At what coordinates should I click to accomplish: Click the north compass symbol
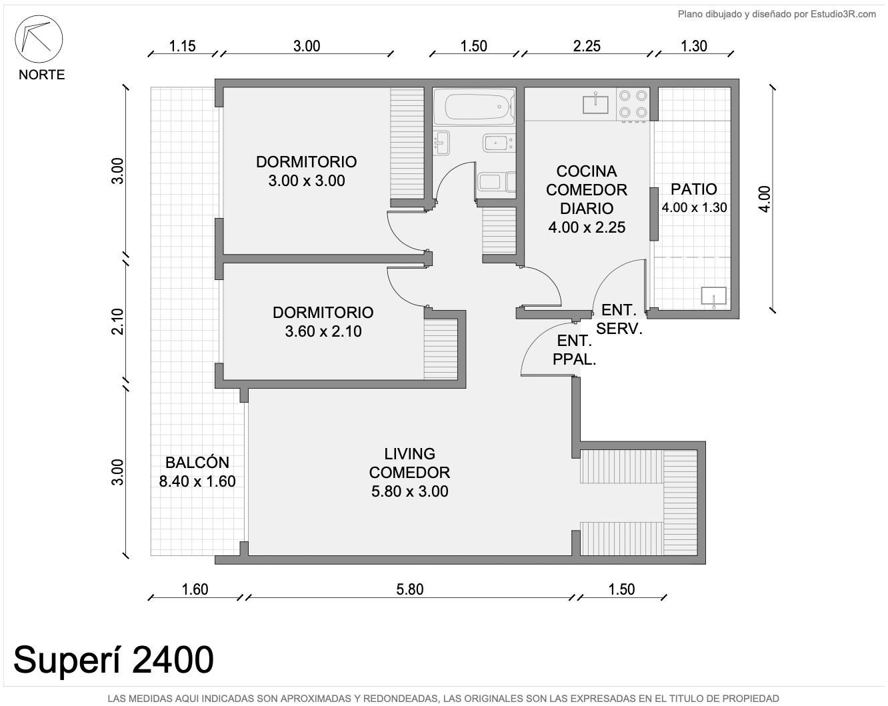(x=39, y=39)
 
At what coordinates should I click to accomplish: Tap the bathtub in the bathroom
(x=479, y=107)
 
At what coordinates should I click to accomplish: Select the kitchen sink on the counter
(x=595, y=103)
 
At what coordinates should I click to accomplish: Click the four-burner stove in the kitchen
(x=633, y=105)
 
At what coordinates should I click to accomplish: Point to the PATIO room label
(x=693, y=189)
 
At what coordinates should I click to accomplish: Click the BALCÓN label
(x=197, y=463)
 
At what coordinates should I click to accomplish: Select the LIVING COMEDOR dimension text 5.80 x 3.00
(x=409, y=491)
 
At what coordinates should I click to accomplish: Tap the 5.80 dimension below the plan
(x=410, y=589)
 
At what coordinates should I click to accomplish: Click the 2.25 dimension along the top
(x=587, y=46)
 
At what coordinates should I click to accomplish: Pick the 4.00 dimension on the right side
(x=765, y=199)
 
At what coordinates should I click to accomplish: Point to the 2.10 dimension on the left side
(x=117, y=321)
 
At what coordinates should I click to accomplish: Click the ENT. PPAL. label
(x=574, y=350)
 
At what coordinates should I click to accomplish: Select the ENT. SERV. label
(x=619, y=319)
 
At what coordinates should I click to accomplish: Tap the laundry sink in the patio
(x=713, y=296)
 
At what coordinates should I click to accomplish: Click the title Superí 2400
(x=113, y=659)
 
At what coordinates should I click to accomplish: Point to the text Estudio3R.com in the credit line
(x=843, y=15)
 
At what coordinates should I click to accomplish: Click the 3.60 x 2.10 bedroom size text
(x=323, y=331)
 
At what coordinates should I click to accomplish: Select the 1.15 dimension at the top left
(x=182, y=46)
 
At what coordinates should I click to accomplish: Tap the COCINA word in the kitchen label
(x=587, y=171)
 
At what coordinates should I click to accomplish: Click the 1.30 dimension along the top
(x=693, y=46)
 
